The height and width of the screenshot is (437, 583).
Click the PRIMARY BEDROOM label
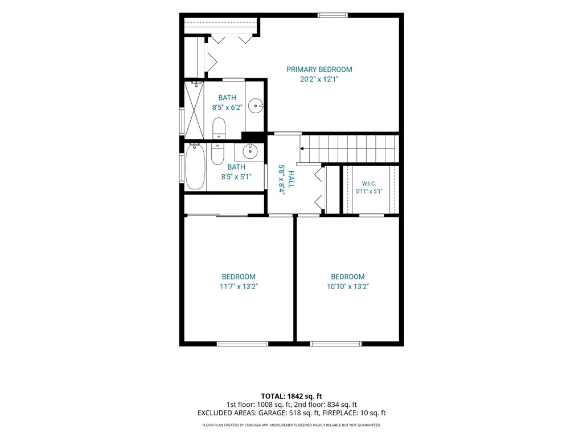[x=319, y=69]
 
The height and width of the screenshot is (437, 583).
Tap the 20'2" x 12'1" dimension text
[x=319, y=79]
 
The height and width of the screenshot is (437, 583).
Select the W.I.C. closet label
[x=369, y=184]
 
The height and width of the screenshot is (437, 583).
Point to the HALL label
[x=291, y=179]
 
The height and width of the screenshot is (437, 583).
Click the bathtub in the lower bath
[x=195, y=167]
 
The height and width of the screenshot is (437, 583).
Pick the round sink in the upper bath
[x=256, y=105]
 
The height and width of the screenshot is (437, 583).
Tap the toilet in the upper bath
[x=219, y=128]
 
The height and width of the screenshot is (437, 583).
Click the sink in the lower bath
[x=250, y=151]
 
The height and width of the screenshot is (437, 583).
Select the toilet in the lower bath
[x=217, y=154]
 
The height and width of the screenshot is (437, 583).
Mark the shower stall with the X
[x=195, y=110]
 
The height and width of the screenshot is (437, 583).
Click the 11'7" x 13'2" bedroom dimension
[x=239, y=287]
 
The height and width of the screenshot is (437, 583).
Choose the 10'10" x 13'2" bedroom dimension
[x=348, y=287]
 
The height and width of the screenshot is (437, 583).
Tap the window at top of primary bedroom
[x=332, y=15]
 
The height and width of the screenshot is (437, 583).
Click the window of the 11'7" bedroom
[x=243, y=344]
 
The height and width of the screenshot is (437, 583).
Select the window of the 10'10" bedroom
[x=336, y=344]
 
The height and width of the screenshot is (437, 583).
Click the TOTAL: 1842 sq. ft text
[x=291, y=396]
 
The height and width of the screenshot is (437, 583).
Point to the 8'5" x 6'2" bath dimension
[x=227, y=108]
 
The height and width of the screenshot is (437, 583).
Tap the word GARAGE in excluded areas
[x=273, y=413]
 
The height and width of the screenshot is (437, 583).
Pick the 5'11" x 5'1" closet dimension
[x=369, y=191]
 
